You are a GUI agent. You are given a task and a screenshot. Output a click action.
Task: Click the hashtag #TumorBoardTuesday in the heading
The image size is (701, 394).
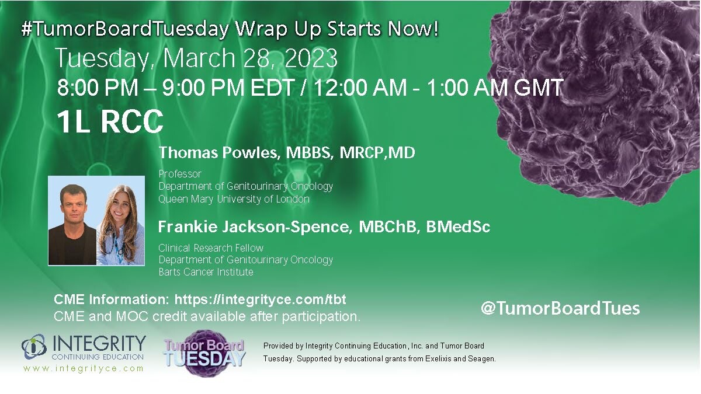click(125, 29)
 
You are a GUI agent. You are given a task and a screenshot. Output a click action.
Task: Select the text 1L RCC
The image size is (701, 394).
click(110, 121)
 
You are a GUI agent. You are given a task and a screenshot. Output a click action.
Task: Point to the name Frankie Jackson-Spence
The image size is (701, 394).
click(253, 226)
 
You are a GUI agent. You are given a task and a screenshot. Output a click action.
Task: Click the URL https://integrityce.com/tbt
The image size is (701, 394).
click(261, 299)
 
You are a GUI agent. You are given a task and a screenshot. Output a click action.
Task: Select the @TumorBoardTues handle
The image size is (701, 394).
click(560, 308)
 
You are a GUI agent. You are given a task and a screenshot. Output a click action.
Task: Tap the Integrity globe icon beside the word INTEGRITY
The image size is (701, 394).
click(34, 347)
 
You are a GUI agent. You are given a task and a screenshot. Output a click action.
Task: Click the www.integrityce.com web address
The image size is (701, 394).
click(84, 368)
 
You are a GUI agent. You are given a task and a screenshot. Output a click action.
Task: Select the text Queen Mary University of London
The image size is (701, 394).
click(234, 199)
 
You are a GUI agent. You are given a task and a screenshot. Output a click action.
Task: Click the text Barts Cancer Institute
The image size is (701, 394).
click(206, 272)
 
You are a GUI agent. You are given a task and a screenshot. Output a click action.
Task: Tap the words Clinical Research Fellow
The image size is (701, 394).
click(211, 248)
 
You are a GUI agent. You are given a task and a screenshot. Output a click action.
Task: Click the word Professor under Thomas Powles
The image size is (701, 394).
click(180, 174)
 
